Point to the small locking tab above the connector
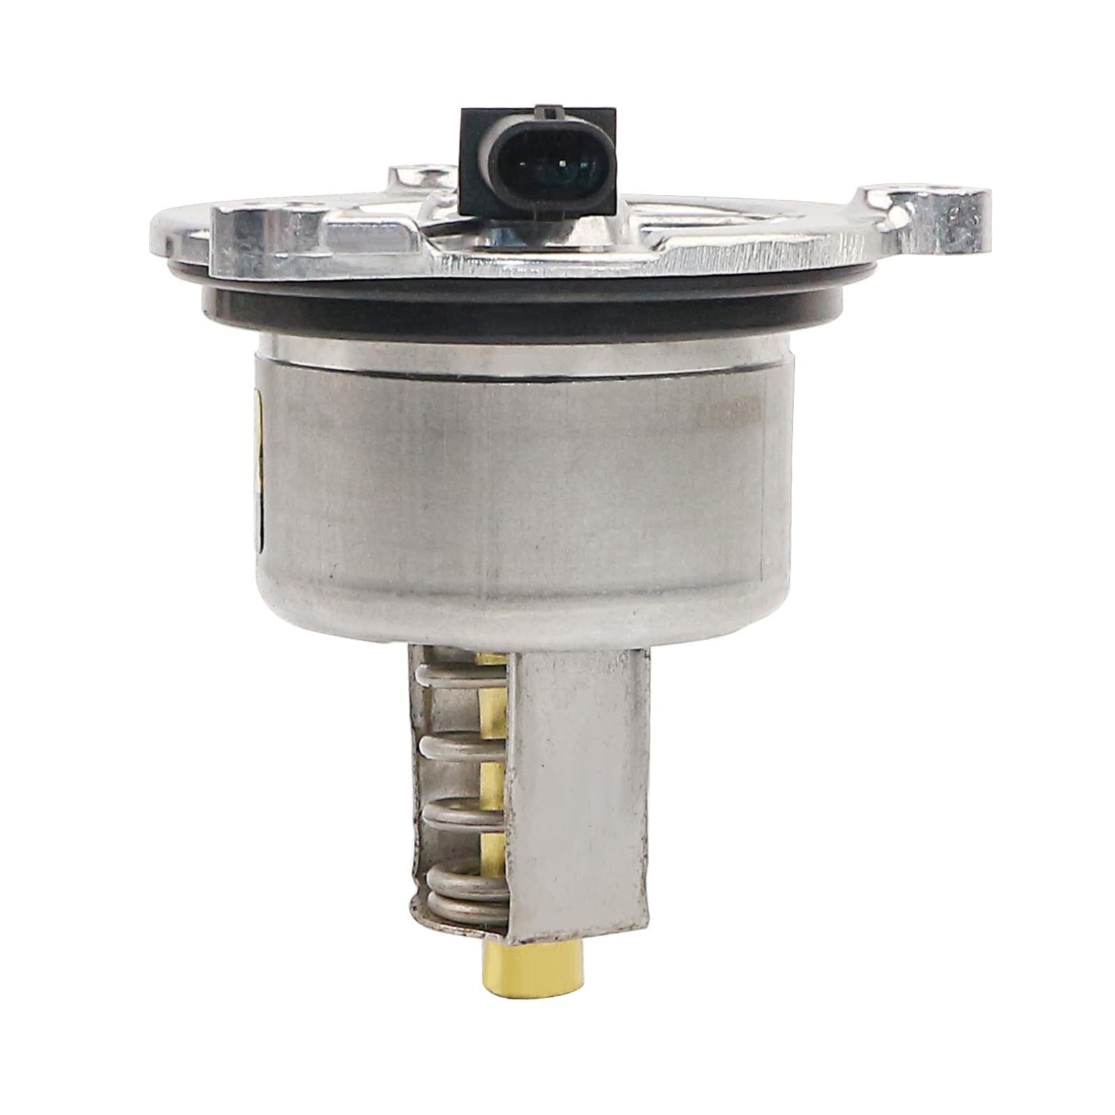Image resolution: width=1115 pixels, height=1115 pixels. (x=551, y=109)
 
